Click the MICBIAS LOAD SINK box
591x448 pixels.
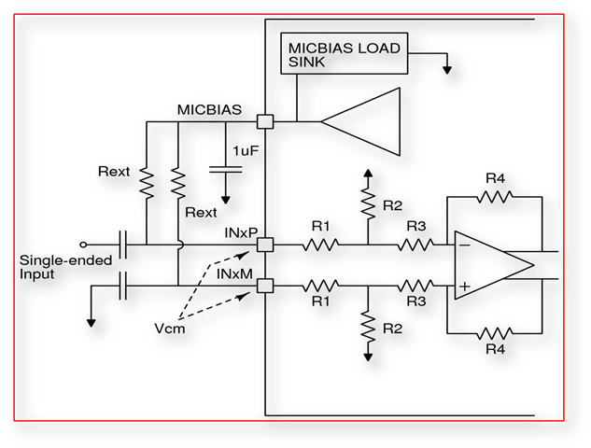pos(344,54)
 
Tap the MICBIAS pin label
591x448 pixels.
pos(211,109)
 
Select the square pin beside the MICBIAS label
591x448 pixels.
pos(264,121)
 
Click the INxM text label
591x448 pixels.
pos(235,273)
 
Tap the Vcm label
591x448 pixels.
pos(172,329)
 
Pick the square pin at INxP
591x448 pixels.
pos(264,245)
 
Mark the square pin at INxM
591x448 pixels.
pos(264,285)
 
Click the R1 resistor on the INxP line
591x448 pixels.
pos(321,245)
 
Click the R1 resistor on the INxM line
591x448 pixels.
pos(321,285)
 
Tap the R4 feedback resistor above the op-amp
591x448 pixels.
pos(495,197)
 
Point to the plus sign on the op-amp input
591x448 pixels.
pos(464,285)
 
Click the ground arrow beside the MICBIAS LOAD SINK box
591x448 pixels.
pos(448,67)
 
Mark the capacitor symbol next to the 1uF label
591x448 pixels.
pos(226,171)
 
